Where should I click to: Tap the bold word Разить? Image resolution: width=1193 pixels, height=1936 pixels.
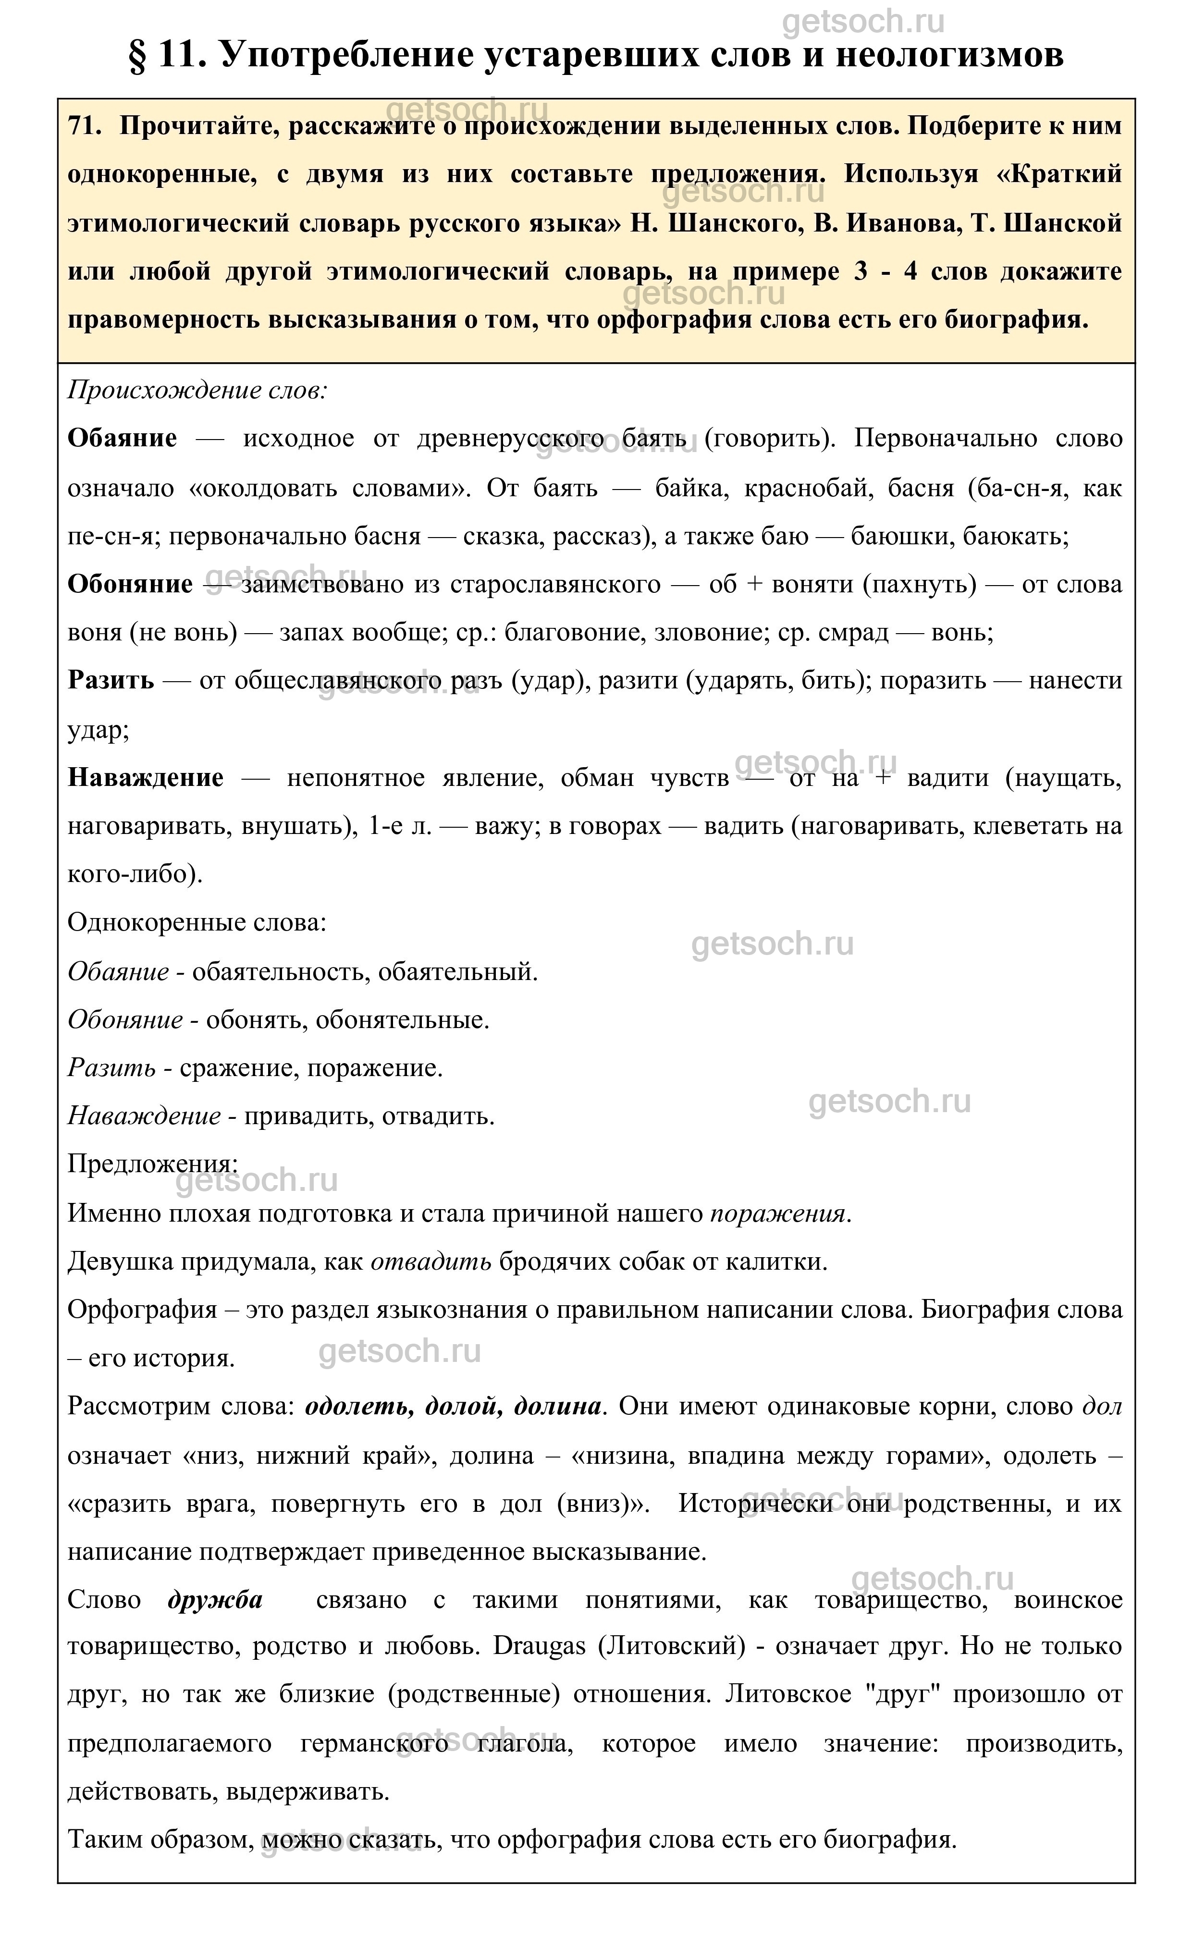pyautogui.click(x=111, y=680)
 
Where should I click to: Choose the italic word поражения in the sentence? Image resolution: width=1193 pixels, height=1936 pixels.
pyautogui.click(x=777, y=1213)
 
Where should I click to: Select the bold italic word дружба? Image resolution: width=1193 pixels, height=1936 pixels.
pyautogui.click(x=215, y=1600)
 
